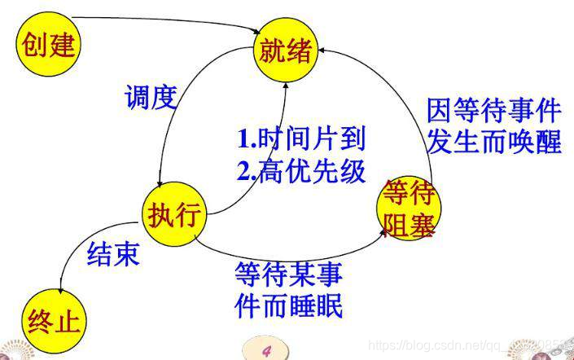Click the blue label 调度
tap(151, 99)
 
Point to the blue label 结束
tap(113, 254)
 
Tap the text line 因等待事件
tap(494, 109)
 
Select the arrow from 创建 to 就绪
tap(163, 20)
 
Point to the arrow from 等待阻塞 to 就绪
tap(411, 90)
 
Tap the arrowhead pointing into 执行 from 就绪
tap(164, 185)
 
